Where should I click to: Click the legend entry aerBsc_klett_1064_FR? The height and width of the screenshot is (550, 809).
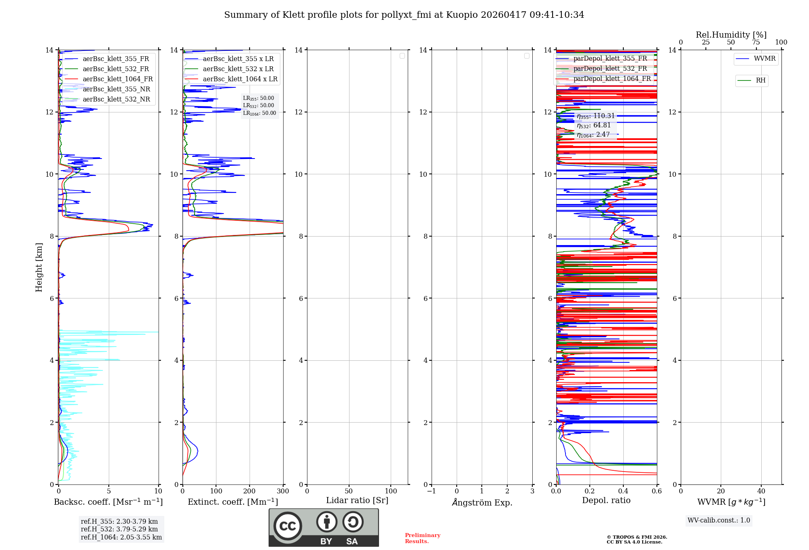point(117,79)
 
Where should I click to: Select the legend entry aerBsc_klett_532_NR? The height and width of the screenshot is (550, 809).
point(116,99)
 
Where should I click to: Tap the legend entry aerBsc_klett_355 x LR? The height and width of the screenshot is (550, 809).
point(238,59)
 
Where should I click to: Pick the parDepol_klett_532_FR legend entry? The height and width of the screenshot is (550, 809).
point(610,69)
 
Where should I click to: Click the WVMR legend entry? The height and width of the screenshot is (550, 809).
point(764,59)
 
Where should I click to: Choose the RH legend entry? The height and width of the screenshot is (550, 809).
point(760,80)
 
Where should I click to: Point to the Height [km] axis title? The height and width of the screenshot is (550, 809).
point(39,267)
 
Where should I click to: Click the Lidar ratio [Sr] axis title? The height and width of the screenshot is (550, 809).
point(357,501)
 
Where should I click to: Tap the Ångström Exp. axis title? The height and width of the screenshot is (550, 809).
point(482,502)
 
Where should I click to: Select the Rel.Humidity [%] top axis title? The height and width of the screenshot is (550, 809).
point(731,35)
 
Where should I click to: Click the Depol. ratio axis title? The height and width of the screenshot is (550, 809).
point(606,501)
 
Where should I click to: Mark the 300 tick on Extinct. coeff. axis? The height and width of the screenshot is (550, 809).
point(283,491)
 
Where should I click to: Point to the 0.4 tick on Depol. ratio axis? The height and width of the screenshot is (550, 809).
point(623,491)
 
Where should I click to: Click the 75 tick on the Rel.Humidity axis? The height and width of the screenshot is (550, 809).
point(756,42)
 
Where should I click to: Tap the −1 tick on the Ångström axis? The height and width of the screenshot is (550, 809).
point(432,491)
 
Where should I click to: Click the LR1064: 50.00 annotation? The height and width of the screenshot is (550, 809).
point(259,113)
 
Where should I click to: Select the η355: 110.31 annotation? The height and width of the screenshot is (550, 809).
point(595,116)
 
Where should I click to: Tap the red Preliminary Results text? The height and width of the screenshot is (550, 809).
point(422,538)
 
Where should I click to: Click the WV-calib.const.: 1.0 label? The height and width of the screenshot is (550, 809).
point(719,520)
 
